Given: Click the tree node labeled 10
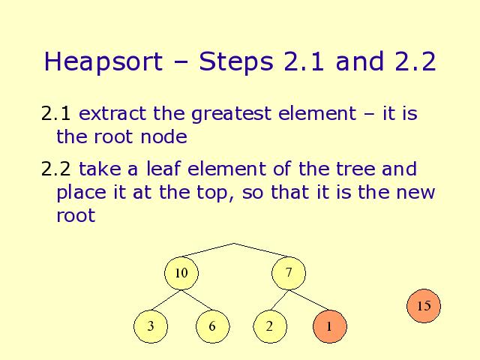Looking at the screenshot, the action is tap(181, 273).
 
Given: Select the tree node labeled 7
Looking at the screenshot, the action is tap(289, 273).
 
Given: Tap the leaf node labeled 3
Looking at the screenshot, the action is tap(151, 326).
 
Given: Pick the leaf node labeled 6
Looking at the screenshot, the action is tap(213, 326).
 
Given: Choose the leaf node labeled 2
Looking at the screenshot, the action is tap(270, 326).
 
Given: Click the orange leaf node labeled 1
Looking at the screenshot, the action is tap(330, 326).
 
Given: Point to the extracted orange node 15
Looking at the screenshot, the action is tap(424, 306).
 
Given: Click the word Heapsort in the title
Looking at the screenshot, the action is tap(103, 61).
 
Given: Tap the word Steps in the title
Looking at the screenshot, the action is tap(235, 61).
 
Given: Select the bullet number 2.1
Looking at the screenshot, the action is tap(56, 113).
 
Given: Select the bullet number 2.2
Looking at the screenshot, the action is tap(56, 169).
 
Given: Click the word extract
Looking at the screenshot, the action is tap(112, 113).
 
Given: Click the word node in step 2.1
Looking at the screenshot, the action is tap(163, 136).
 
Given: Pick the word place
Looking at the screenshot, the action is tap(82, 193).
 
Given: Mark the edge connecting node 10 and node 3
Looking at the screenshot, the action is tap(166, 300).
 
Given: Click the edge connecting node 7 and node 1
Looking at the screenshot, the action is tap(309, 300).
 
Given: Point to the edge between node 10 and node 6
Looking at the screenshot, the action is tap(197, 300).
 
